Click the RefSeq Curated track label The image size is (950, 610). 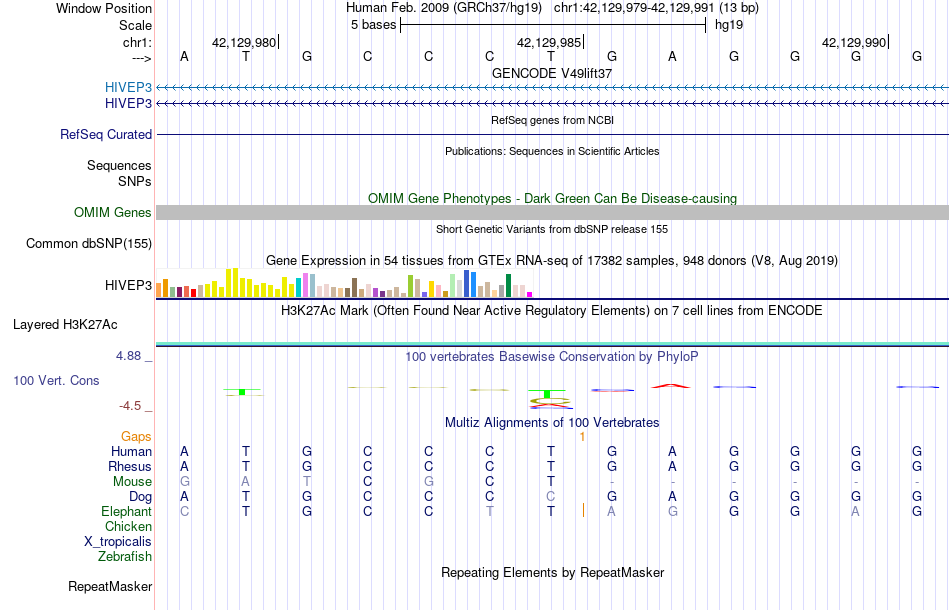(x=106, y=134)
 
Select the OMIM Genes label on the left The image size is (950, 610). (x=113, y=212)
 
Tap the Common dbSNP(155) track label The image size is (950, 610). (x=89, y=243)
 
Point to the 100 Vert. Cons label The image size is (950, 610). (x=57, y=381)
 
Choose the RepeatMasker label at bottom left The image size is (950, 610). (x=110, y=586)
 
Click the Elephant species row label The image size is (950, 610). (x=126, y=511)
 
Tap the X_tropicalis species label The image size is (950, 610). (x=118, y=541)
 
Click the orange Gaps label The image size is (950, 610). (x=136, y=436)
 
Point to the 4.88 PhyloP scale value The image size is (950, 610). (x=133, y=355)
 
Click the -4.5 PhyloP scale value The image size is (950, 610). (x=133, y=406)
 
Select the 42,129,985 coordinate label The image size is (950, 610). (x=549, y=42)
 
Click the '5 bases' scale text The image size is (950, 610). (x=373, y=25)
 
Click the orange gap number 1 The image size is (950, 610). (x=582, y=436)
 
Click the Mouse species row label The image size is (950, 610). (x=133, y=481)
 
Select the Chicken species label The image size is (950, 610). (x=128, y=526)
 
